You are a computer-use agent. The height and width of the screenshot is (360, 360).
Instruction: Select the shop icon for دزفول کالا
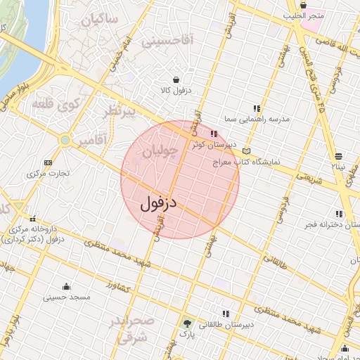point(174,79)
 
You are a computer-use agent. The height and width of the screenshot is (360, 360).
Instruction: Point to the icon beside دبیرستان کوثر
point(213,134)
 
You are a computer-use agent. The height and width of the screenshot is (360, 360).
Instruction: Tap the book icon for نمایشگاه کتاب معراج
point(245,151)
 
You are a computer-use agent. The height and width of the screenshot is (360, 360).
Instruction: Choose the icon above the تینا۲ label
point(339,155)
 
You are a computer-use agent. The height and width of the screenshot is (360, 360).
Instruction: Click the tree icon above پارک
point(187,324)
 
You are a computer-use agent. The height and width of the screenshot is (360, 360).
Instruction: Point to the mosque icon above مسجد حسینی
point(66,286)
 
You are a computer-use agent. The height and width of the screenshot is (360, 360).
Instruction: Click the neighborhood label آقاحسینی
point(167,42)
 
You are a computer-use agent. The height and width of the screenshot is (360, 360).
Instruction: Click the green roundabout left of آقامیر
point(65,141)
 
